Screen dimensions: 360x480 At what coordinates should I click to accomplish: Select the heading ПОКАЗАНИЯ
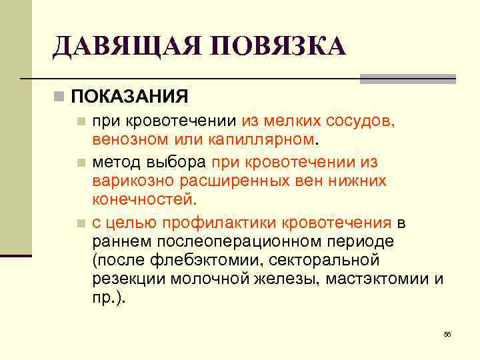129,97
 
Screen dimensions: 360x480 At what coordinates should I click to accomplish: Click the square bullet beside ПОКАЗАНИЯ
60,97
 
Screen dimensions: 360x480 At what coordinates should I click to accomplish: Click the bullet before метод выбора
81,162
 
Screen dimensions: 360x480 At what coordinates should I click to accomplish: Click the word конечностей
144,199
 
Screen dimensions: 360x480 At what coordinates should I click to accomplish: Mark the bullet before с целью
81,222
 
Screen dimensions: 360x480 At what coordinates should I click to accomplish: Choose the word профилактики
223,221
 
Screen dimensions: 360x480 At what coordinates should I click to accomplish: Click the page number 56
447,334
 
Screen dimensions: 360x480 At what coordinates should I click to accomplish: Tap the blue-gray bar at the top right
407,79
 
